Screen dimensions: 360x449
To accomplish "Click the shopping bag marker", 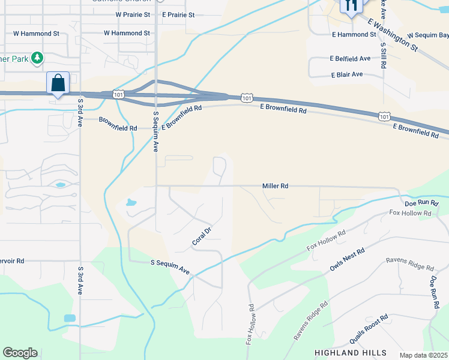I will [58, 83].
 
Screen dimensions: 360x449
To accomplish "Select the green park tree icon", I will [37, 58].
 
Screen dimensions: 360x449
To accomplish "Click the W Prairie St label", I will [133, 14].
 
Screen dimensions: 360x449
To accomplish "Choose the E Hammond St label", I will [354, 35].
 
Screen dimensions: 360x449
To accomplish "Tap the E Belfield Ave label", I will [350, 59].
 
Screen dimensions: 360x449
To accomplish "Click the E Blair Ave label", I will [347, 74].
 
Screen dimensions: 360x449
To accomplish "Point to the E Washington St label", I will [393, 34].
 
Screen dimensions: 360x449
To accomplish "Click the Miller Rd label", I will [276, 186].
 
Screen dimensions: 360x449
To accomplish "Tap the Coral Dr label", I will [202, 236].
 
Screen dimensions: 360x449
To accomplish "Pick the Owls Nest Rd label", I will [347, 260].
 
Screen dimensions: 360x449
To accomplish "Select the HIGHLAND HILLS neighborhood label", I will [351, 352].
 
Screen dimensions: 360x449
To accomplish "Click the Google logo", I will [20, 353].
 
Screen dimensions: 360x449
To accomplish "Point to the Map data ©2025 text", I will [424, 355].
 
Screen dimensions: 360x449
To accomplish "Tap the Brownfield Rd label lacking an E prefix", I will [118, 128].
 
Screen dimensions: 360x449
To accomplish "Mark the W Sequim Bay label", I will [427, 36].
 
